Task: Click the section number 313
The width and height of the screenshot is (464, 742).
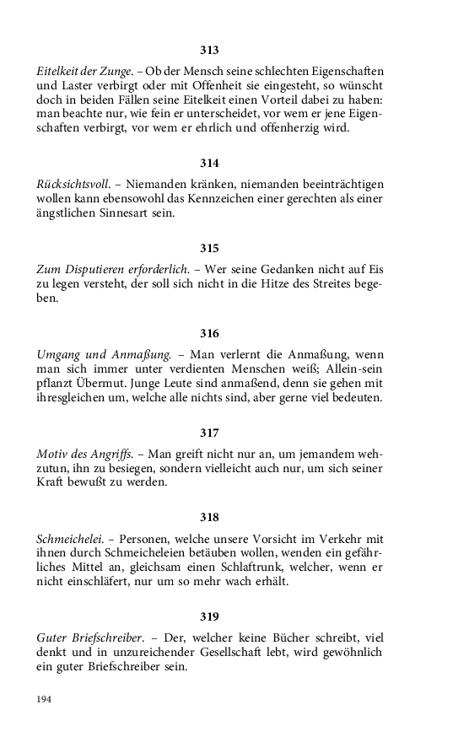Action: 209,51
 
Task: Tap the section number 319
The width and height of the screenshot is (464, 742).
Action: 209,616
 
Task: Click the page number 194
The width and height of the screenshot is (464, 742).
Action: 45,699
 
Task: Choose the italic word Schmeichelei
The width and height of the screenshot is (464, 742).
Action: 72,539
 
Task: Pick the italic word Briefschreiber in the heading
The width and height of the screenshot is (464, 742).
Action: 105,638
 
